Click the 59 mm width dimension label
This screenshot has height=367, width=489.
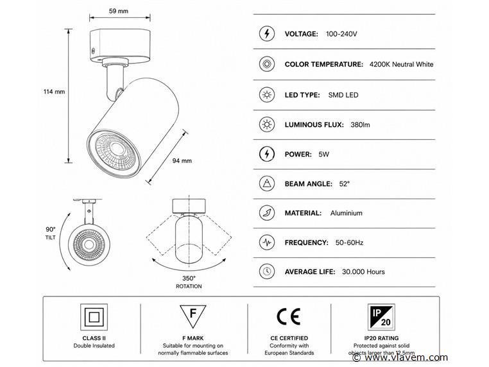(x=119, y=11)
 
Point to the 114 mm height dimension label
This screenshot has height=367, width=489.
(x=54, y=92)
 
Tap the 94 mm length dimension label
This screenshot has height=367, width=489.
(x=182, y=161)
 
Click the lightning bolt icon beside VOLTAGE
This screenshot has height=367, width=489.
(x=267, y=33)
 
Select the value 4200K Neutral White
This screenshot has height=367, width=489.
(x=401, y=64)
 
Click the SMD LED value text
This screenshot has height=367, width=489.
(x=343, y=95)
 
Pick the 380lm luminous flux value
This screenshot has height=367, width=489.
(x=360, y=124)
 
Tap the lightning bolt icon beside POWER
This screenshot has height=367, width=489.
(x=267, y=154)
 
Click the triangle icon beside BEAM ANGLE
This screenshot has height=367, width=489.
(x=267, y=183)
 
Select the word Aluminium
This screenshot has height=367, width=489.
(x=346, y=213)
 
